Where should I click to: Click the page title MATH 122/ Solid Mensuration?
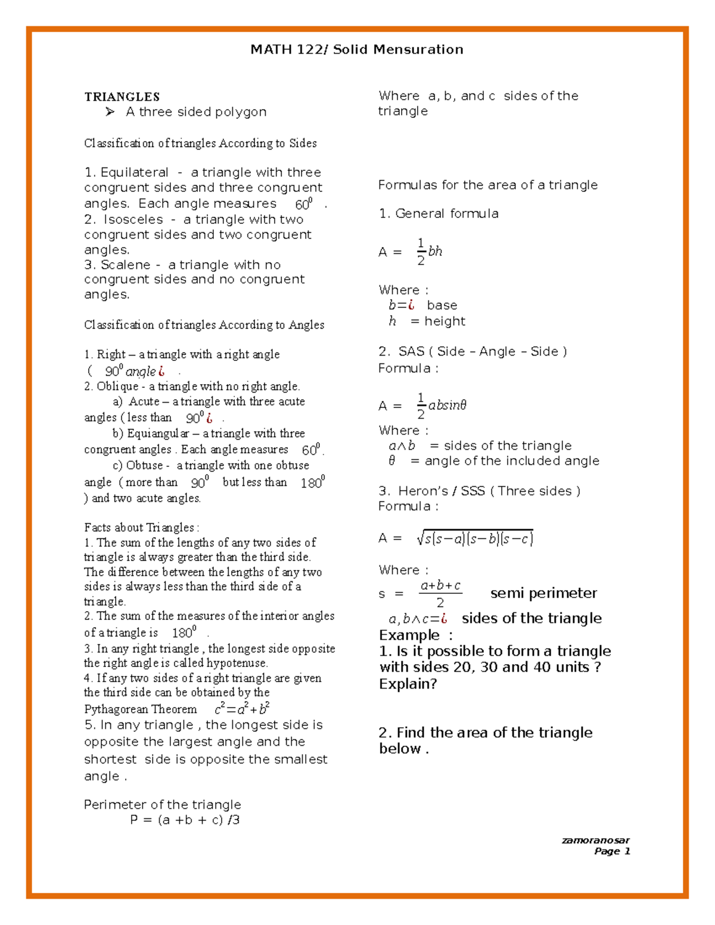[356, 49]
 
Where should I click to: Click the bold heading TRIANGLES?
[122, 96]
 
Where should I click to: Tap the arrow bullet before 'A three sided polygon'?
[110, 112]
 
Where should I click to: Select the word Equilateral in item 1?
[135, 173]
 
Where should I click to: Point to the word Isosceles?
[133, 219]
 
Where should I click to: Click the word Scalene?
[125, 264]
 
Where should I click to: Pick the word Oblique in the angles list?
[117, 387]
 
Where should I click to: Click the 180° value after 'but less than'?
[313, 482]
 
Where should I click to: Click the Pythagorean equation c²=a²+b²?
[242, 709]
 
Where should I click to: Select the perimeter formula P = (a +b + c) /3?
[185, 820]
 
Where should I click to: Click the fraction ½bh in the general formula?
[429, 252]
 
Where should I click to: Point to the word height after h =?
[444, 321]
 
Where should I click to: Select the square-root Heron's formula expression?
[475, 538]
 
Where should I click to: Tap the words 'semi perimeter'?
[543, 593]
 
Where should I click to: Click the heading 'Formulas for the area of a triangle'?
[487, 185]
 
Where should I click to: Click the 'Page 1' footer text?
[612, 851]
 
